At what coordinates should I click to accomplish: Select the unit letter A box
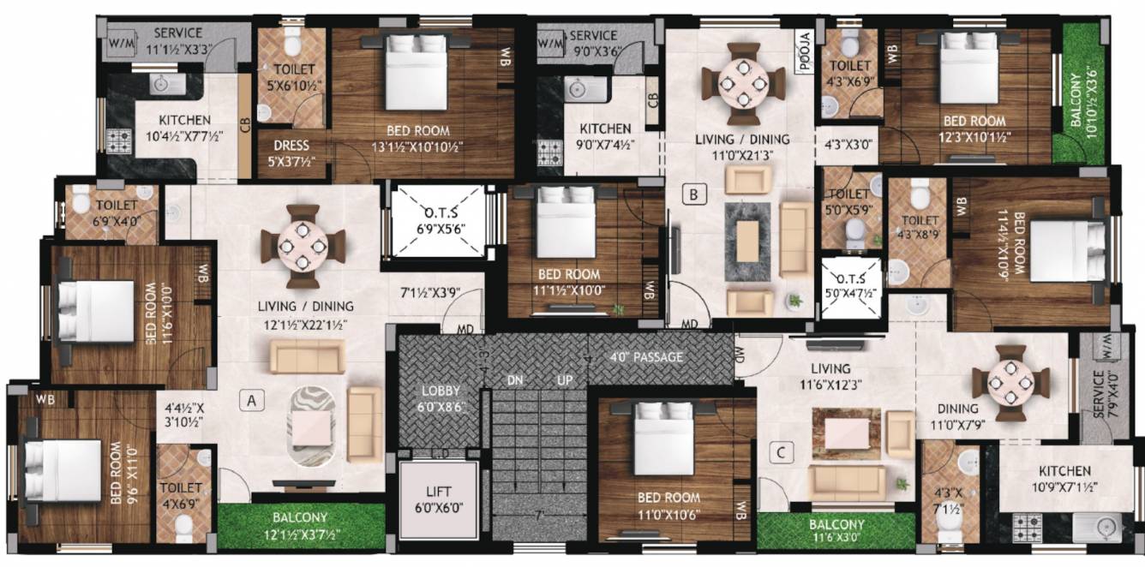[251, 399]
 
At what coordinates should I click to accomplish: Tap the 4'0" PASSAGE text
[647, 356]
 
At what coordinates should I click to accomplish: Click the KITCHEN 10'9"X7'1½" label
[1064, 478]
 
